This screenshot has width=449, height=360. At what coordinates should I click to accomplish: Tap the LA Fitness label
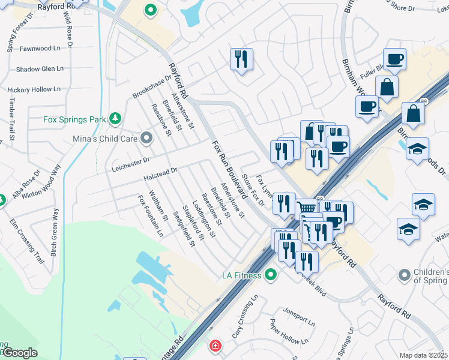(242, 275)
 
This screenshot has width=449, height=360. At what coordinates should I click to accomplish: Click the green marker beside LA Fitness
(271, 275)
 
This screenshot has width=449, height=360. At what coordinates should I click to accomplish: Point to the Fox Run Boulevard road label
(230, 170)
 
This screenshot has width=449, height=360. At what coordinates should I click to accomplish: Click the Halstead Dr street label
(160, 171)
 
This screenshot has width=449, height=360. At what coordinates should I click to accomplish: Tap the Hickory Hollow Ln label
(34, 89)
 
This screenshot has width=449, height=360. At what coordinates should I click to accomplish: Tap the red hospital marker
(214, 346)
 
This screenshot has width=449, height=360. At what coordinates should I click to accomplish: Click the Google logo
(19, 352)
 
